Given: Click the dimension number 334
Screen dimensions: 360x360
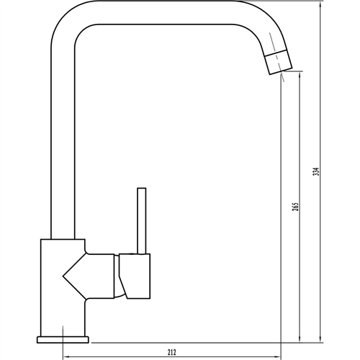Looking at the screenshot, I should point(316,174).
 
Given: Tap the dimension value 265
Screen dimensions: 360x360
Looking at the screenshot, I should point(295,207).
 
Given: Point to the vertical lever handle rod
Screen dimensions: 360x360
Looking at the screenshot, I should point(142,220).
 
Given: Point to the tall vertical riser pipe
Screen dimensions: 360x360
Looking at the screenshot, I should point(62,144).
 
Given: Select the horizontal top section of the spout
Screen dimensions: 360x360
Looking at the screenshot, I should point(166,16).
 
